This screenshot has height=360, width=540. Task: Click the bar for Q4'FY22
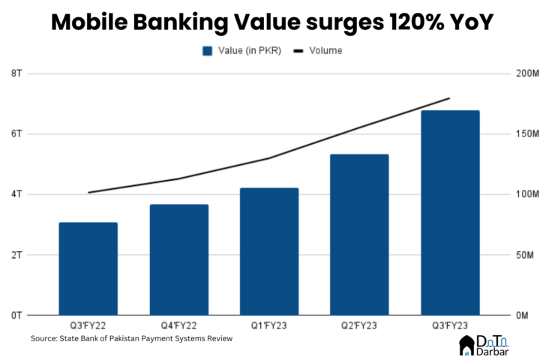point(178,259)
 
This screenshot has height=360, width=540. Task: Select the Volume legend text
point(325,51)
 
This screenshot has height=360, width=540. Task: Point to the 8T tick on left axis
point(16,73)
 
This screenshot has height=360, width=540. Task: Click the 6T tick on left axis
point(16,133)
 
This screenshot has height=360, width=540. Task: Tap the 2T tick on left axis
point(16,255)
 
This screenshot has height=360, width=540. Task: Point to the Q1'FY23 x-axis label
point(269,325)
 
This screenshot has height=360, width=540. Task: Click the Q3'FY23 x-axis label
point(450,325)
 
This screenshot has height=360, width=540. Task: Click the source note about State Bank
point(131,339)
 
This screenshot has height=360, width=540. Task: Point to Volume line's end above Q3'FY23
point(449,98)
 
